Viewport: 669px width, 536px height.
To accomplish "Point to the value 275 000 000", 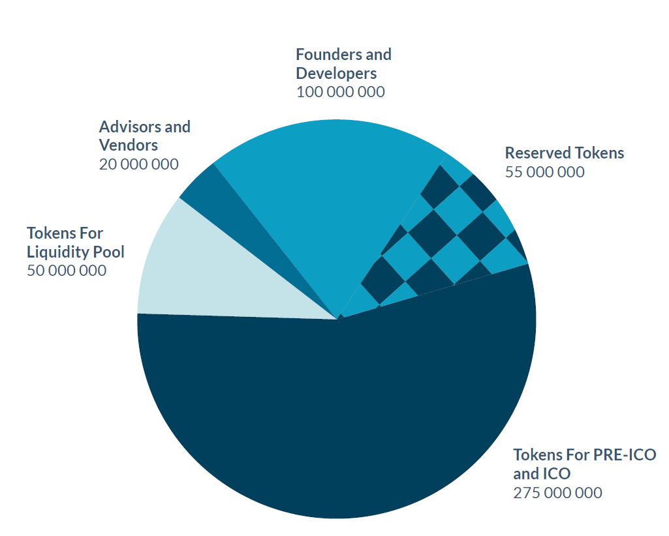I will coord(557,492).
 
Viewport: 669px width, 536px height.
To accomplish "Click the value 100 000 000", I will coord(340,92).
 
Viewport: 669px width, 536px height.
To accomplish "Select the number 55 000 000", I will coord(544,172).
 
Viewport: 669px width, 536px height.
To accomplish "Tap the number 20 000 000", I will coord(138,164).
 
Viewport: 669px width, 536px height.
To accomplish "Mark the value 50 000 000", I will coord(67,270).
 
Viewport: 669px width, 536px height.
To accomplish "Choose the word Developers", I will coord(336,72).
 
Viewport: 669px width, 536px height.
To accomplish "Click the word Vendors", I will coord(129,145).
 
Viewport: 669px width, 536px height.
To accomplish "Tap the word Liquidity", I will coord(57,252).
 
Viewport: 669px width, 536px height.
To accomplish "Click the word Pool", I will coord(107,252).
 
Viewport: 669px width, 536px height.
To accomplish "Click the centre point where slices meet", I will coord(339,318).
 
